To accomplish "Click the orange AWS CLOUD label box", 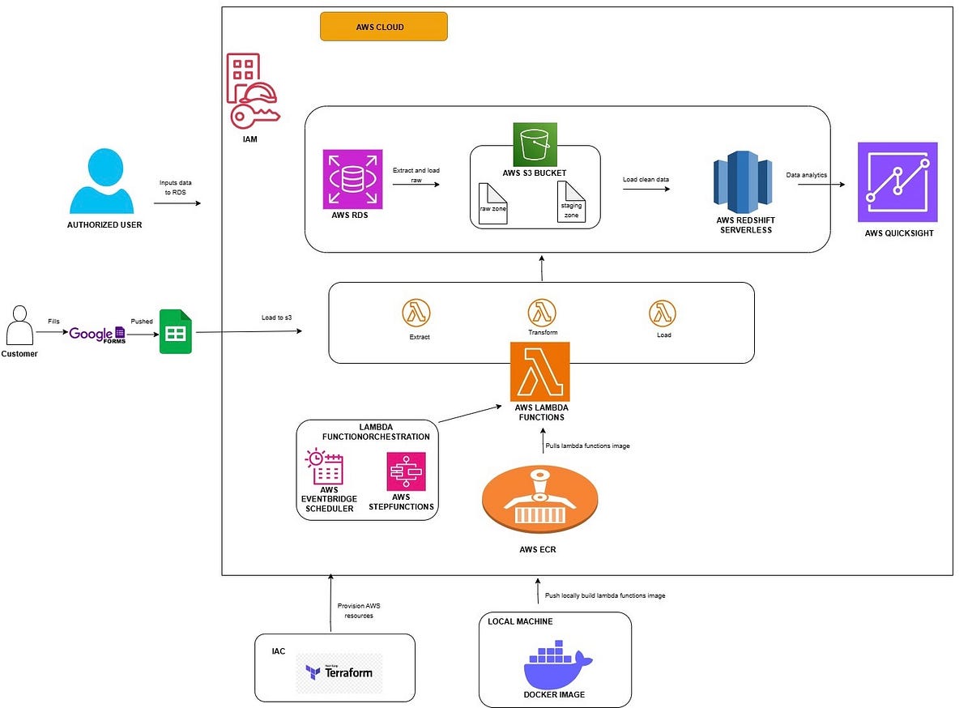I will pos(383,27).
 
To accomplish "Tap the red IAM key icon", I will pos(253,90).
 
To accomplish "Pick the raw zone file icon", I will pos(492,203).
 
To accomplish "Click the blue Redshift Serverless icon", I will pos(739,186).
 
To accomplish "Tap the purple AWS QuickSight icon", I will pos(897,182).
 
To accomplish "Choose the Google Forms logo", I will pos(96,334).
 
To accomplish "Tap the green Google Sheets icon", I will pos(176,331).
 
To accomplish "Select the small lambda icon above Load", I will pos(663,313).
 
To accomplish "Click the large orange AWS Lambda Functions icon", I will pos(539,372).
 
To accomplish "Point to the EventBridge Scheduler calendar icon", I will pos(324,467).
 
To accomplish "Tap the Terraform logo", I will pos(339,672).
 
